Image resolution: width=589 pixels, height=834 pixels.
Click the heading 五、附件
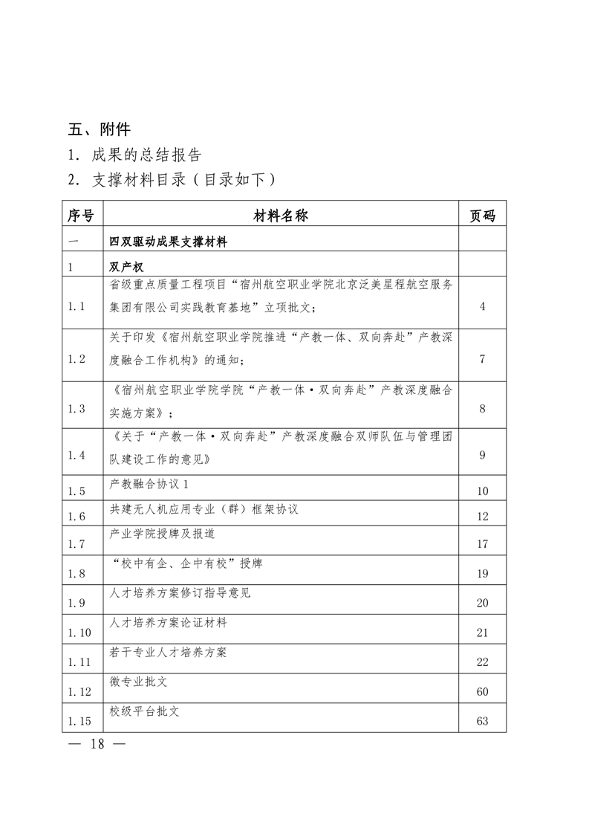99,129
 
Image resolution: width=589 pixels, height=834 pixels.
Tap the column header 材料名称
281,216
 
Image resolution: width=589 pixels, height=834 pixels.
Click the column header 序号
80,216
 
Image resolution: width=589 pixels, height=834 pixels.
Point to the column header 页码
482,216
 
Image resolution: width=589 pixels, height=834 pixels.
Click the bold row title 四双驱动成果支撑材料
168,242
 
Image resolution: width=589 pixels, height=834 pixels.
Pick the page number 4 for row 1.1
482,306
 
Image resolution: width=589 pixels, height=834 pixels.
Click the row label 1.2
77,359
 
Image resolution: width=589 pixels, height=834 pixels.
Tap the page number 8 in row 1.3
482,408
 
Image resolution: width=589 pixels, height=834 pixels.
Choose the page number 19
482,573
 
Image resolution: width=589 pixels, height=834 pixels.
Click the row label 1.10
79,633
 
